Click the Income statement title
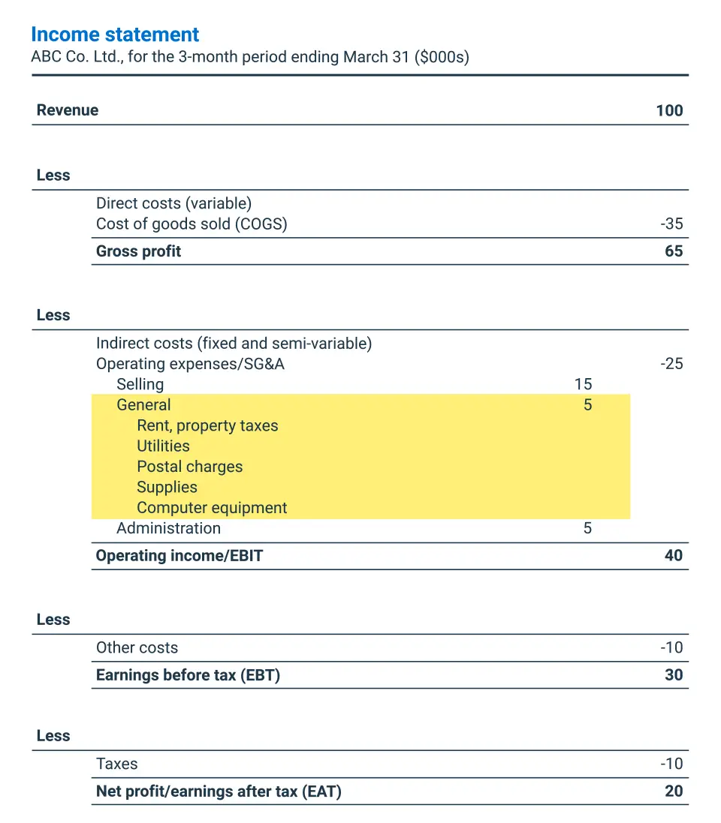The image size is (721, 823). [x=115, y=35]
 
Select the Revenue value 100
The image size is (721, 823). [x=669, y=111]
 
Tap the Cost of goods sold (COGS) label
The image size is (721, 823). [x=192, y=224]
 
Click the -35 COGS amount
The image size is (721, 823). [x=671, y=224]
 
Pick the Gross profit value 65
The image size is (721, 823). [x=674, y=251]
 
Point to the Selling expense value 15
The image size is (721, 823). [x=583, y=384]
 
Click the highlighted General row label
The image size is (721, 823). [x=143, y=405]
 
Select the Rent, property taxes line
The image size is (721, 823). [x=207, y=426]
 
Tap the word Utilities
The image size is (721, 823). [x=163, y=446]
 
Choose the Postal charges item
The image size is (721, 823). [x=189, y=467]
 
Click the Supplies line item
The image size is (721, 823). [x=167, y=488]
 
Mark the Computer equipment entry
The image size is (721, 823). [x=212, y=508]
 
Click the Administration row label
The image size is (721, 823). [x=168, y=528]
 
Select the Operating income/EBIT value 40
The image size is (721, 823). [x=674, y=556]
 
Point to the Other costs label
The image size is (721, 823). [x=137, y=648]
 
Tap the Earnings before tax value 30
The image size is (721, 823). [x=674, y=675]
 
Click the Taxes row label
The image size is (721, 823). [x=116, y=764]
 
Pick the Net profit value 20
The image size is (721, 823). [x=674, y=791]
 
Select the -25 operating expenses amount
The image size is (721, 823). [x=671, y=364]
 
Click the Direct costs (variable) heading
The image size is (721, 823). [x=173, y=203]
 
